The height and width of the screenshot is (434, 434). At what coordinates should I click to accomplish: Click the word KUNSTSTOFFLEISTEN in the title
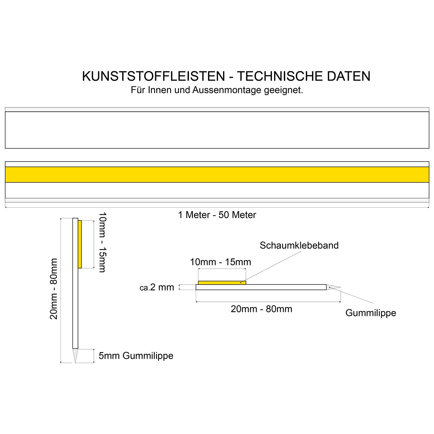(x=154, y=76)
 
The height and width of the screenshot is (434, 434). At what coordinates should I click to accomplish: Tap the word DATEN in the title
(x=349, y=76)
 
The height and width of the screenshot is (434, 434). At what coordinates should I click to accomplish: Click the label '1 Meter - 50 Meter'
(x=217, y=215)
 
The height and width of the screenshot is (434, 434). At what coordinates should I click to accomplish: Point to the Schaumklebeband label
(x=299, y=245)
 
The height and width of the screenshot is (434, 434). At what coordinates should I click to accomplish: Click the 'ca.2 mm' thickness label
(x=157, y=287)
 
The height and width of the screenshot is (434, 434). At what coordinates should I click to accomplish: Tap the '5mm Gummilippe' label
(x=136, y=356)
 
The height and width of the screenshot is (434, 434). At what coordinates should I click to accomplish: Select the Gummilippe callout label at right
(x=371, y=313)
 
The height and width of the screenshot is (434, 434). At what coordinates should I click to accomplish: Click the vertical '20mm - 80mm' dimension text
(x=54, y=289)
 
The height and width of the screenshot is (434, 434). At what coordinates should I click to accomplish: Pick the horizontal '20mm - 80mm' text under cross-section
(x=261, y=309)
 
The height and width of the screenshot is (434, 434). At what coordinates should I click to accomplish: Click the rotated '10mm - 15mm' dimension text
(x=102, y=242)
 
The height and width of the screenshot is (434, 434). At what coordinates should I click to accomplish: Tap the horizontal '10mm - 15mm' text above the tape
(x=220, y=262)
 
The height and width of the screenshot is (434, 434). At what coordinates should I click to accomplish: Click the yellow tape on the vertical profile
(x=80, y=244)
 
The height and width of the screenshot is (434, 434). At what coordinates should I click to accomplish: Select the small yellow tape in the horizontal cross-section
(x=222, y=283)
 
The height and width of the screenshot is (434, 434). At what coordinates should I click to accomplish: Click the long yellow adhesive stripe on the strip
(x=217, y=174)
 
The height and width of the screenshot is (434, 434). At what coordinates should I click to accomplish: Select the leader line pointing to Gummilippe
(x=353, y=296)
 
